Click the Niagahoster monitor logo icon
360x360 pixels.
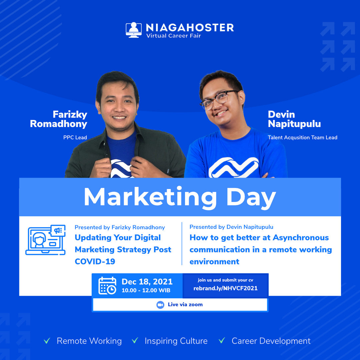pos(134,30)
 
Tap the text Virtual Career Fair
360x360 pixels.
pos(174,36)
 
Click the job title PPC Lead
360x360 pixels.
pos(75,138)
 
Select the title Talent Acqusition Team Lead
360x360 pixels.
pos(302,138)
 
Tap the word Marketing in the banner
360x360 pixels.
pos(150,197)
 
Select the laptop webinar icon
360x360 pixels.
pos(45,240)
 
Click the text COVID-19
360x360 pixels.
pos(95,262)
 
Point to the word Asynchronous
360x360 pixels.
pos(301,238)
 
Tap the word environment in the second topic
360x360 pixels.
pos(214,262)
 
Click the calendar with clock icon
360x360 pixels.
pos(107,286)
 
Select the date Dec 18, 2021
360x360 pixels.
pos(147,282)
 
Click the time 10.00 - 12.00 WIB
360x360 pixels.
pos(146,290)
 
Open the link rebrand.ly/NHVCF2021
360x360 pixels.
pos(225,288)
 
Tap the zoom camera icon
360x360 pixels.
pos(160,305)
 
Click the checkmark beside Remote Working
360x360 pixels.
pos(47,341)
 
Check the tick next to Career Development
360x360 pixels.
pos(222,340)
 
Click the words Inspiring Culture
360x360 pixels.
pos(176,341)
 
